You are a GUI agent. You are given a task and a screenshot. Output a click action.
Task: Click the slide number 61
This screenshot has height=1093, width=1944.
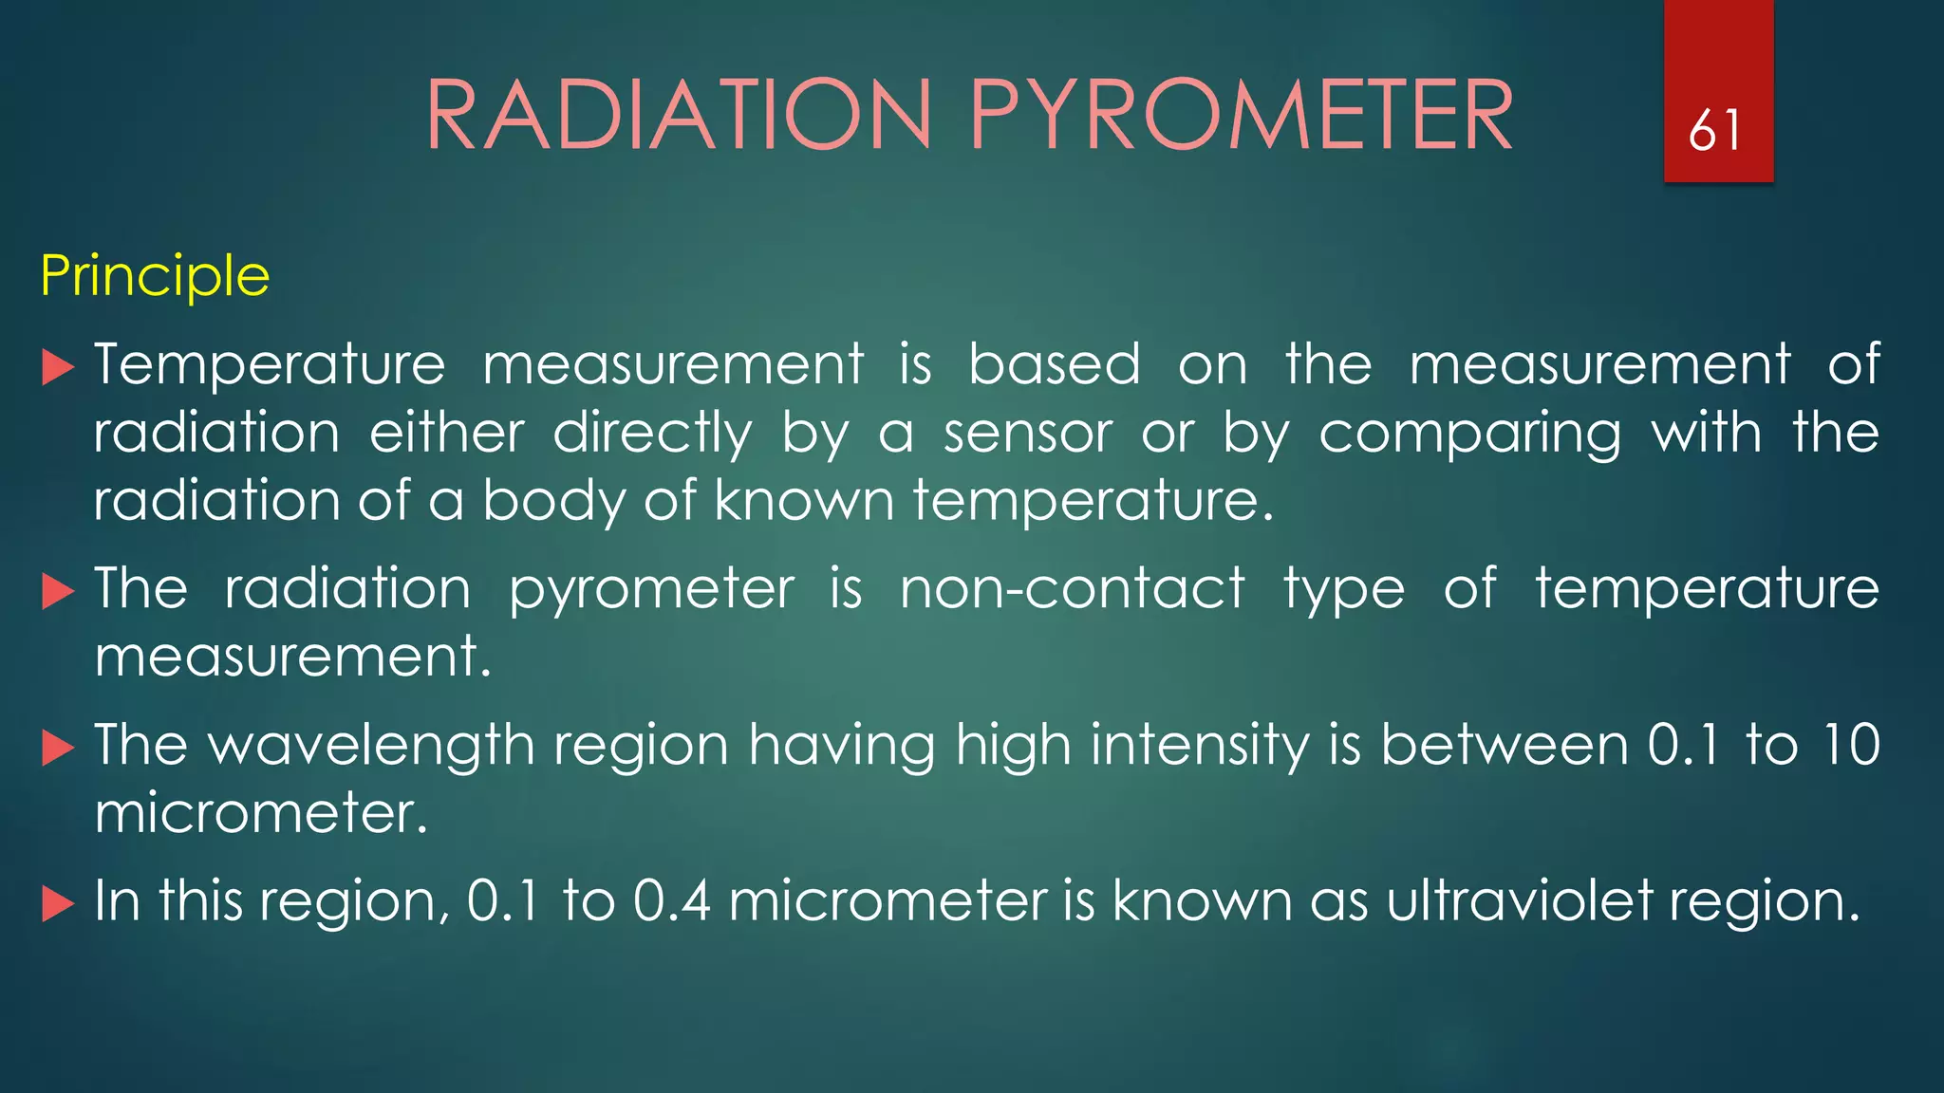1715,130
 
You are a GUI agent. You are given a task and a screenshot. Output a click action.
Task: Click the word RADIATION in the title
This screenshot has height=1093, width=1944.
679,116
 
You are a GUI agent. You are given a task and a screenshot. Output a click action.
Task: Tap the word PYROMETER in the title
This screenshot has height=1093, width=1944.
1241,116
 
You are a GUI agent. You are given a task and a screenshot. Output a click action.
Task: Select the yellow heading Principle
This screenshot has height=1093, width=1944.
155,276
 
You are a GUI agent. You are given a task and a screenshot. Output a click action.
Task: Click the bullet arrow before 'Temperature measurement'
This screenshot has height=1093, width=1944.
58,367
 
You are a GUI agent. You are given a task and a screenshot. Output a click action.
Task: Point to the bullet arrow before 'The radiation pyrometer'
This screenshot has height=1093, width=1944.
58,592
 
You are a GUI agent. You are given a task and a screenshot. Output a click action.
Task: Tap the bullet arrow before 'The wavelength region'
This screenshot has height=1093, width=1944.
58,749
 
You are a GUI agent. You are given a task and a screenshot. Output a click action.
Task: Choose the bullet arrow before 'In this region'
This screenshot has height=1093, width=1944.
58,904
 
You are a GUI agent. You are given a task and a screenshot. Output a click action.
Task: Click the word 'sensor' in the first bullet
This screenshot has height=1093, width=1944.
1027,434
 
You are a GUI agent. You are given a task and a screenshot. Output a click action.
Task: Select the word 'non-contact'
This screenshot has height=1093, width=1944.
1072,588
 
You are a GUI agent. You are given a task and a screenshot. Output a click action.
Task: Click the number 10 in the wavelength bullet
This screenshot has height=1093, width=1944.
1850,745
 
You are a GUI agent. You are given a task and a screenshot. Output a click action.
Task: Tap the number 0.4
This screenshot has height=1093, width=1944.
671,900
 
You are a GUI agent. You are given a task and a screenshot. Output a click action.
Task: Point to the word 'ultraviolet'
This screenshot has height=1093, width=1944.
1519,900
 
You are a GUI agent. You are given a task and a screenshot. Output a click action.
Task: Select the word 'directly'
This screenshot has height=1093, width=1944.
652,434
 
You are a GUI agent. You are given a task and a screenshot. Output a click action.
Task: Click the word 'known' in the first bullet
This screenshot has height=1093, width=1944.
804,500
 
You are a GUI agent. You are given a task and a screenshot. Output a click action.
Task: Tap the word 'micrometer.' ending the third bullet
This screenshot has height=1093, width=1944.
261,813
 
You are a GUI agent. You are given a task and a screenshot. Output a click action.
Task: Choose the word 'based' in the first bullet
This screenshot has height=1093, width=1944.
1054,365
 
